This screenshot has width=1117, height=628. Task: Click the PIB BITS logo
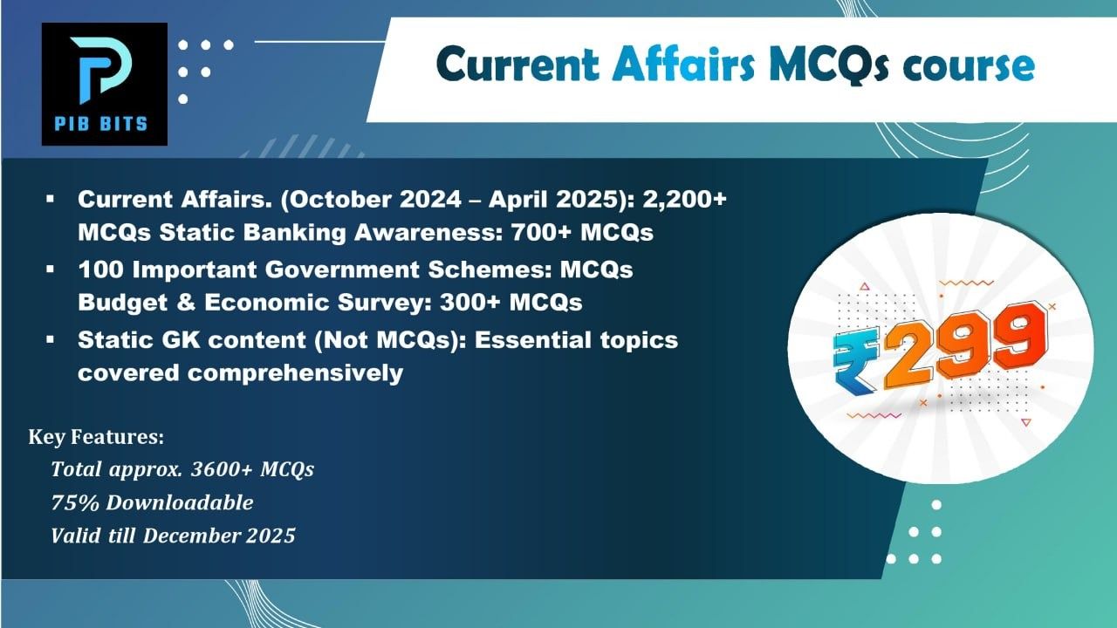pyautogui.click(x=105, y=84)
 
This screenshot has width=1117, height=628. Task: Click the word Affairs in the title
pyautogui.click(x=684, y=65)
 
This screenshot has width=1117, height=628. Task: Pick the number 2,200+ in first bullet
pyautogui.click(x=685, y=200)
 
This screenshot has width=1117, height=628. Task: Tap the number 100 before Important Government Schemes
pyautogui.click(x=100, y=270)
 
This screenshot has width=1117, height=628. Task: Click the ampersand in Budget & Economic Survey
pyautogui.click(x=186, y=303)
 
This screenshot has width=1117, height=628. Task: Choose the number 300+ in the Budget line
pyautogui.click(x=469, y=303)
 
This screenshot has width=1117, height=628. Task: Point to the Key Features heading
pyautogui.click(x=96, y=437)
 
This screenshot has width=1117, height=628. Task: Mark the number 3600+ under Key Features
pyautogui.click(x=222, y=469)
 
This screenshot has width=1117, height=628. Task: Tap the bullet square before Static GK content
pyautogui.click(x=50, y=340)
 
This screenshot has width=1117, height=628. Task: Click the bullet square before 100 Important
pyautogui.click(x=50, y=270)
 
